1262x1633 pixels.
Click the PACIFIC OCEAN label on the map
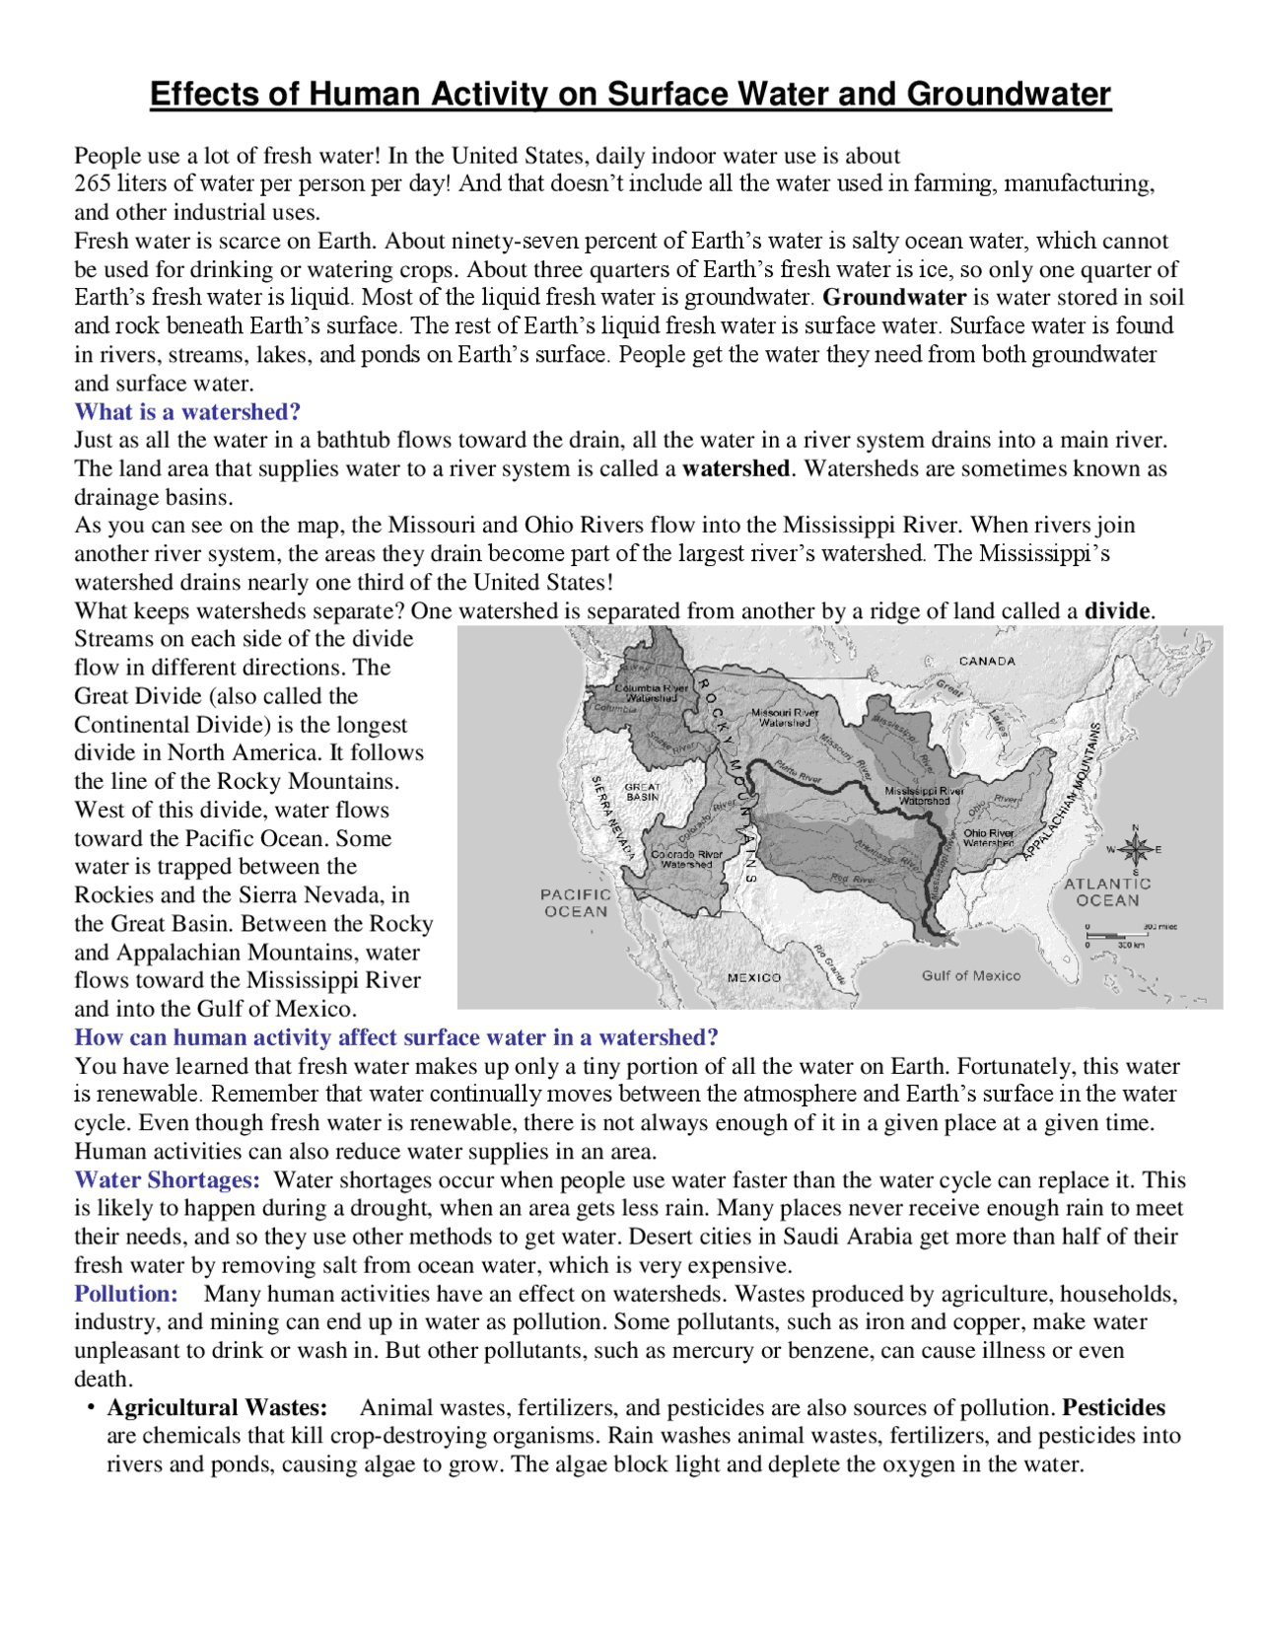576,902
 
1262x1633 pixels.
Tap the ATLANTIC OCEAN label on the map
1107,892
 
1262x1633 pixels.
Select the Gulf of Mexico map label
971,975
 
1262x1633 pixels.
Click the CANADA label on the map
987,661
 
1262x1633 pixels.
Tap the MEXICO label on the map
754,977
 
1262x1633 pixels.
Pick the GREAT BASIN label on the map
643,792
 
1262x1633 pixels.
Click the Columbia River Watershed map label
652,692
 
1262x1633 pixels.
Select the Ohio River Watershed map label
988,838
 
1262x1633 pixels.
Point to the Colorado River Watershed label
686,859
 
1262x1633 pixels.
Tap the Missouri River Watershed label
785,717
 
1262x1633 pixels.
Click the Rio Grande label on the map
830,963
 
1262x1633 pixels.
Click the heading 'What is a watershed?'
187,412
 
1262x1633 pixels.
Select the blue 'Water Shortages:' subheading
168,1180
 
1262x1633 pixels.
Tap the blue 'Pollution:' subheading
126,1294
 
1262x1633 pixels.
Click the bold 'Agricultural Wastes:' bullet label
217,1407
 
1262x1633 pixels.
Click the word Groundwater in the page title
1009,95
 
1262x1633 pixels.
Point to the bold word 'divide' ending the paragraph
1117,611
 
